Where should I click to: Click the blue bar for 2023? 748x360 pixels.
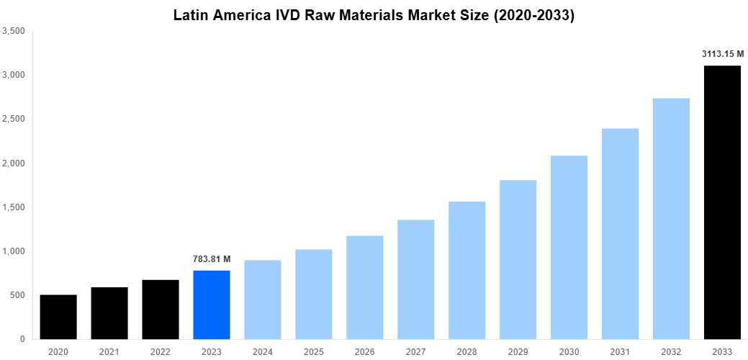(x=212, y=305)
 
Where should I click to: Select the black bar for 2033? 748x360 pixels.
(x=722, y=202)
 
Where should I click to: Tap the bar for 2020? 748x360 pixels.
(x=58, y=317)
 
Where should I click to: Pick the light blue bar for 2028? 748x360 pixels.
(x=467, y=270)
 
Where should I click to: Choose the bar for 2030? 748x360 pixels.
(x=569, y=247)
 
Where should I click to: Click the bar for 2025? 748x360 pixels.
(x=314, y=294)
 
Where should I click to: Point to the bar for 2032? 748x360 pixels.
(x=671, y=218)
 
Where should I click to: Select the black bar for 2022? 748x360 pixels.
(x=161, y=309)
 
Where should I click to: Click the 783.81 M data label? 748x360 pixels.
(x=212, y=259)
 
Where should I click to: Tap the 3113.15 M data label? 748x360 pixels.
(x=722, y=54)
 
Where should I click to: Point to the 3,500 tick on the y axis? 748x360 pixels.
(x=14, y=31)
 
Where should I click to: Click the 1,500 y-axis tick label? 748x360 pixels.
(x=14, y=207)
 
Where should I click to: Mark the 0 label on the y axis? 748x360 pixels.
(x=22, y=339)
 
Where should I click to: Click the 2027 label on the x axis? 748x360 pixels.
(x=416, y=351)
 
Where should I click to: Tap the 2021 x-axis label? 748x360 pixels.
(x=109, y=351)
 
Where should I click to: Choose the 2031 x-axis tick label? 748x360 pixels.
(x=620, y=351)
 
